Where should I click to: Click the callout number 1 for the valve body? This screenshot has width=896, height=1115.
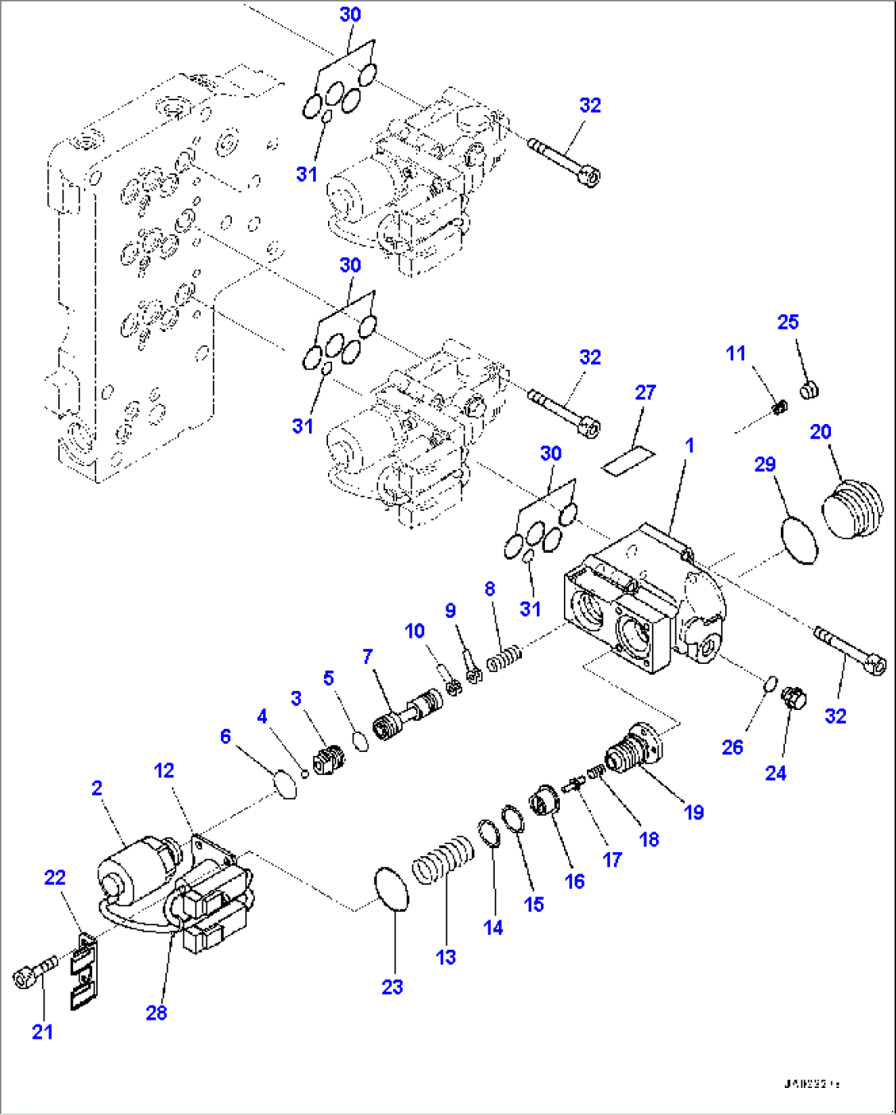[689, 445]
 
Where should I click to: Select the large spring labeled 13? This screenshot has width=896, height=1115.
[443, 860]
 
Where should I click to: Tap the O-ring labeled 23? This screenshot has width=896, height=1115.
[391, 888]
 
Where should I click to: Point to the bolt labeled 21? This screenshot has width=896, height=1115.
[33, 971]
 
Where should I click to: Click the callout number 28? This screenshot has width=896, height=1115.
[156, 1012]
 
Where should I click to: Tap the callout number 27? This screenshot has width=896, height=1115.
[645, 393]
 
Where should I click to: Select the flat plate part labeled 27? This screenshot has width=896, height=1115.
[627, 461]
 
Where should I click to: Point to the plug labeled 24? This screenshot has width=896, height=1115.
[793, 698]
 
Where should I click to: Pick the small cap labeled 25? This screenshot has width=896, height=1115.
[809, 389]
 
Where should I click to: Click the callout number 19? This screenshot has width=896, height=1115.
[694, 812]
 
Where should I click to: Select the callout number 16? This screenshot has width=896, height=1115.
[575, 881]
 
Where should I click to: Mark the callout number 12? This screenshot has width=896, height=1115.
[164, 770]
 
